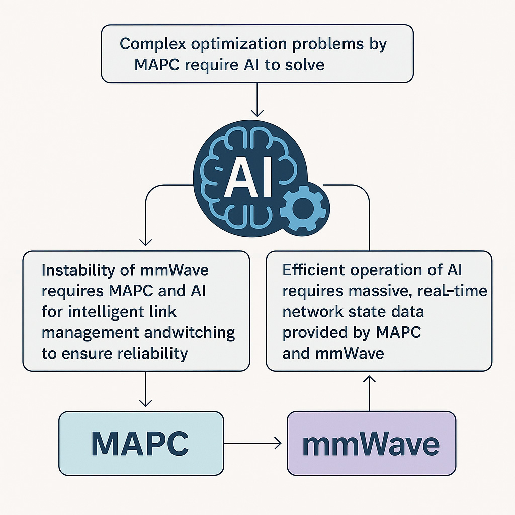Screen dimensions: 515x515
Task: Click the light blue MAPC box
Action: pyautogui.click(x=141, y=443)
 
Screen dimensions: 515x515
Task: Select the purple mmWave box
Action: pyautogui.click(x=371, y=443)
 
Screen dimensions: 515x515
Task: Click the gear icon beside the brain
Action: pyautogui.click(x=304, y=208)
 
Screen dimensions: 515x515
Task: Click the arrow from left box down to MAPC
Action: pyautogui.click(x=145, y=390)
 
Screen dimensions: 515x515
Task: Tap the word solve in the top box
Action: pyautogui.click(x=304, y=65)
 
